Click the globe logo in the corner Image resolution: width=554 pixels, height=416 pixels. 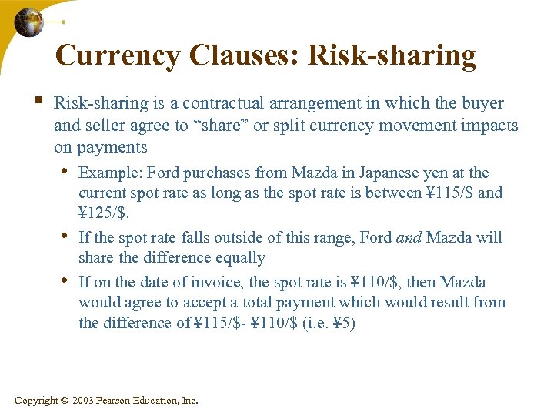pyautogui.click(x=29, y=23)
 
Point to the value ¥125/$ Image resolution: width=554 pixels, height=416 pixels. pyautogui.click(x=97, y=213)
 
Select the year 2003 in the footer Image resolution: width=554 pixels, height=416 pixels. pyautogui.click(x=85, y=401)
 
